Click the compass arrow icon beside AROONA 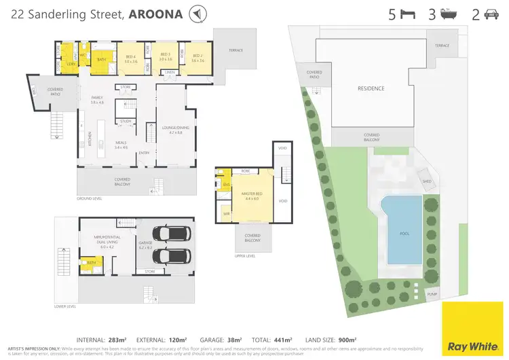pos(197,14)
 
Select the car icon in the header pos(492,14)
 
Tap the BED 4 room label pos(131,57)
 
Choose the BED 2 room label pos(197,57)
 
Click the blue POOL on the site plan pos(404,231)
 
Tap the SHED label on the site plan pos(426,182)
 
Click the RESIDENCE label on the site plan pos(371,88)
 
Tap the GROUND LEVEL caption pos(88,198)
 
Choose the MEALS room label pos(121,143)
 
